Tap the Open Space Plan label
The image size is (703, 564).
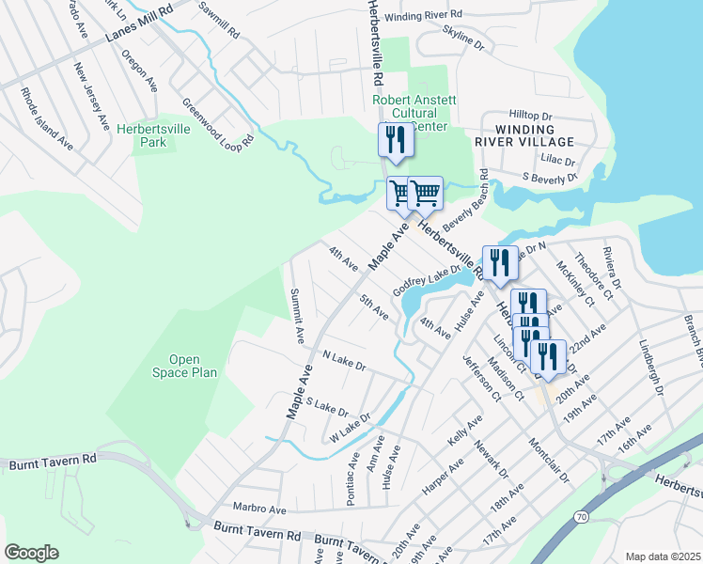pos(185,366)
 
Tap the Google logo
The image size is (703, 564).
pos(31,552)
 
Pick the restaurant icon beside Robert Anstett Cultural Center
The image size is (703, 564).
pos(396,140)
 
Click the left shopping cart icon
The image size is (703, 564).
pos(401,194)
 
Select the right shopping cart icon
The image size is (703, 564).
pos(427,193)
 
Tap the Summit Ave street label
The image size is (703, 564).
pos(296,314)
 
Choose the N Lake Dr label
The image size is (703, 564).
pos(343,358)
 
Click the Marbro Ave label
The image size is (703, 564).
pos(259,508)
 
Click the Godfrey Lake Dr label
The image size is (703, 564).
pos(427,279)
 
